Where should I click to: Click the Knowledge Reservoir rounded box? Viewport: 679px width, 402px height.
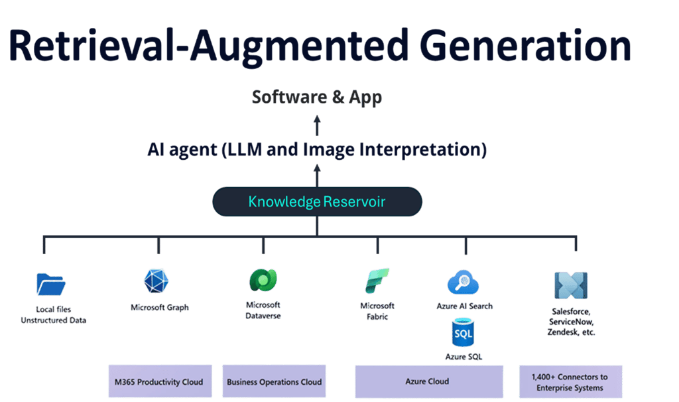click(x=317, y=202)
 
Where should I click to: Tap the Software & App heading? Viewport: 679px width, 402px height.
click(x=317, y=98)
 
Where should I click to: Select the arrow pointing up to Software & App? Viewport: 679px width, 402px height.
click(x=317, y=124)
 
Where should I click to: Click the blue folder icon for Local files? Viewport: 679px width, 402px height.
click(x=51, y=284)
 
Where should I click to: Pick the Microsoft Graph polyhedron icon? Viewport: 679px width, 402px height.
click(x=158, y=281)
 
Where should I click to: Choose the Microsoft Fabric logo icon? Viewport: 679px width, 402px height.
click(x=377, y=281)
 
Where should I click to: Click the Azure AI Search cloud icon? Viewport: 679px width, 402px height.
click(x=463, y=282)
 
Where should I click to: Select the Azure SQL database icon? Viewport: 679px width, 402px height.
click(x=463, y=332)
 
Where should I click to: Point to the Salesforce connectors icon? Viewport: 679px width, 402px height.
click(x=571, y=285)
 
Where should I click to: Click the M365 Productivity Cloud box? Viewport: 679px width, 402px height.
click(x=160, y=381)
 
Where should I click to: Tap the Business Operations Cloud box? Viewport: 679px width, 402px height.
click(x=274, y=381)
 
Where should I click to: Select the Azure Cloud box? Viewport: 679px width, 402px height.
click(x=428, y=381)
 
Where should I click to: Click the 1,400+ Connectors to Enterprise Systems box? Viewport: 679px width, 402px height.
click(x=570, y=382)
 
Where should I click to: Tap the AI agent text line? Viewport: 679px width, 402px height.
click(x=317, y=150)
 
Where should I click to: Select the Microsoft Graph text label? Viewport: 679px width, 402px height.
click(x=159, y=308)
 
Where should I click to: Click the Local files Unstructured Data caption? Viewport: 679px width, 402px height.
click(x=53, y=314)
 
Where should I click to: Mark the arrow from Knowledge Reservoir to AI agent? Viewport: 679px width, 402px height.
click(x=317, y=176)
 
